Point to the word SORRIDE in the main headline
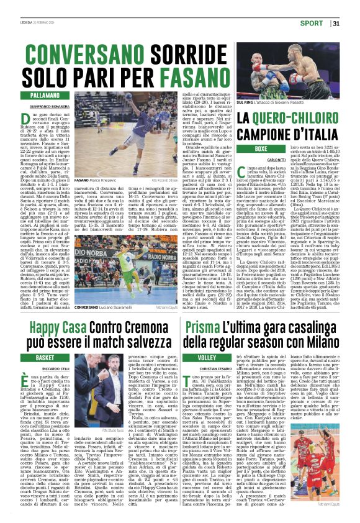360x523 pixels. point(196,55)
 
